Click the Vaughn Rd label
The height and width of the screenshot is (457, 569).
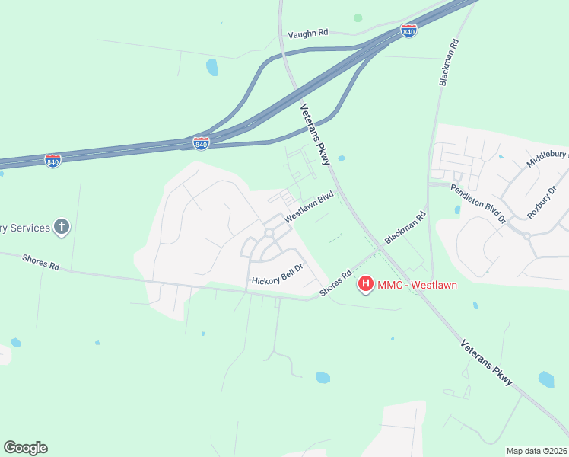[x=307, y=34]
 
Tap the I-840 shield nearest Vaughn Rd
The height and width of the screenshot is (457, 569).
[x=408, y=31]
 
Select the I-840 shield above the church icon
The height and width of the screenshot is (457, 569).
[x=52, y=161]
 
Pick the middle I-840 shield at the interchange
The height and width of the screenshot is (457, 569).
[x=201, y=142]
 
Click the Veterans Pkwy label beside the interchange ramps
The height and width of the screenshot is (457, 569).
[x=315, y=134]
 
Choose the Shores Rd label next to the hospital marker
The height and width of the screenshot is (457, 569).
[x=336, y=283]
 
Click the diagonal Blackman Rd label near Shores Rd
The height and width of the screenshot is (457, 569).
[x=405, y=228]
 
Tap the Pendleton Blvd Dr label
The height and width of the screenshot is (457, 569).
[x=478, y=203]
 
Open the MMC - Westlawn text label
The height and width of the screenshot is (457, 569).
[x=413, y=285]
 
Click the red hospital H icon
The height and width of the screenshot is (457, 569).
[x=366, y=285]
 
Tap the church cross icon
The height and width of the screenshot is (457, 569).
[x=62, y=227]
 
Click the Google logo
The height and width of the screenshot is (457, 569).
[x=25, y=448]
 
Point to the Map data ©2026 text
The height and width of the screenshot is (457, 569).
[x=536, y=451]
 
